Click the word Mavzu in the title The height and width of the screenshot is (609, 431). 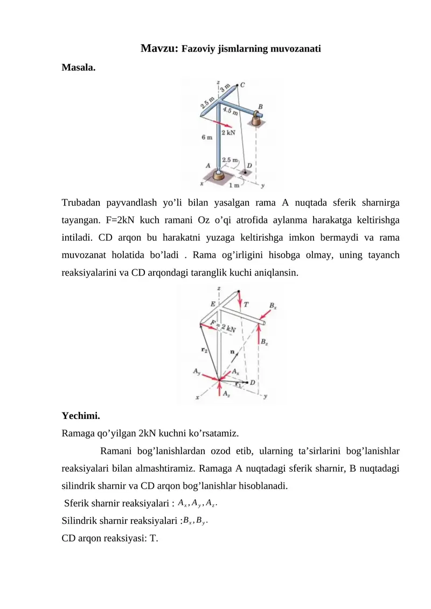click(159, 48)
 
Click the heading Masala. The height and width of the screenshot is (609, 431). click(79, 68)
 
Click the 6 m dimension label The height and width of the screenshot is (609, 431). click(206, 138)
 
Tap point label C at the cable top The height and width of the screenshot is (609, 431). click(242, 85)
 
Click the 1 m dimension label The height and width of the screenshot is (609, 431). click(234, 186)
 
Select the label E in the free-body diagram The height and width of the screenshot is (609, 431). click(213, 304)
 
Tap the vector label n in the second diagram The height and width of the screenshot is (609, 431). click(232, 351)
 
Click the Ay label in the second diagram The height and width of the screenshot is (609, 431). click(197, 371)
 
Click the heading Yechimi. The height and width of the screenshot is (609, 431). click(80, 416)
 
